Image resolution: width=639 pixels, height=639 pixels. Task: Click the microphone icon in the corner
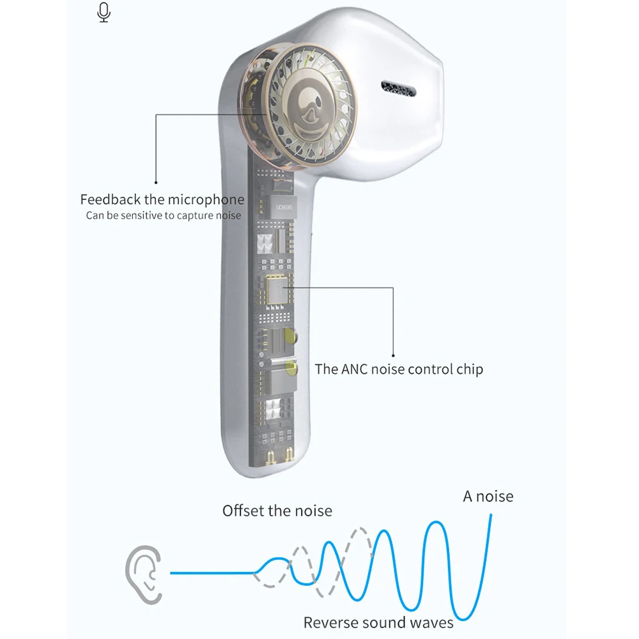coord(104,12)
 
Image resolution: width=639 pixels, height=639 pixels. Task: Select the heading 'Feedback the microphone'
coord(162,199)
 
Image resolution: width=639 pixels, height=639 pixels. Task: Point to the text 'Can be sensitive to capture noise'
coord(164,215)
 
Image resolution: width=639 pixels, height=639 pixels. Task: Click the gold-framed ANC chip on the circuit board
coord(277,291)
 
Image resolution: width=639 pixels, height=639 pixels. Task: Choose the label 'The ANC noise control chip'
coord(399,369)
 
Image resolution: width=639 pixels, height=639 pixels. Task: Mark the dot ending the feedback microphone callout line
coord(156,183)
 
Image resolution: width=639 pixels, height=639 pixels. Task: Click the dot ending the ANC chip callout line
coord(393,356)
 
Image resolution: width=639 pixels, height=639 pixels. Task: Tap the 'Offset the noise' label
coord(277,511)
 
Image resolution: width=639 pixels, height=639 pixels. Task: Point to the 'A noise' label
coord(488,497)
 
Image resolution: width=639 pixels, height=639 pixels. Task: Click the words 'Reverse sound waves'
coord(378,622)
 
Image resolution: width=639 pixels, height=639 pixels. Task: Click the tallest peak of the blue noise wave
coord(436,524)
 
